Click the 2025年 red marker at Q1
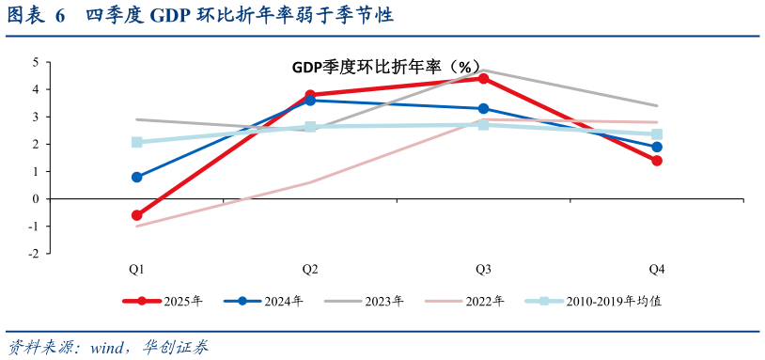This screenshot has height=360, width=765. pos(137,215)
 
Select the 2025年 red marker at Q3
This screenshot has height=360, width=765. pos(483,78)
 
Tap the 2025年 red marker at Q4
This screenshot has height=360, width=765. pos(657,161)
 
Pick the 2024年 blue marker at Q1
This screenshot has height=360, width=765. pos(137,177)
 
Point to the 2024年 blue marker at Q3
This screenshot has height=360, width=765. pos(483,109)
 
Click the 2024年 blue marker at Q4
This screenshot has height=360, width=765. pos(657,147)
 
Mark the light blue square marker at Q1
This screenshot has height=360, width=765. pos(137,142)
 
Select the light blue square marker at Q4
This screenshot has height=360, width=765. pos(657,134)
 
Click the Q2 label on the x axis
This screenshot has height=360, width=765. pos(309,269)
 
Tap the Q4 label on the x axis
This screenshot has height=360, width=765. pos(657,269)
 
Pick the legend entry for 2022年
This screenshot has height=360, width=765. pos(465,302)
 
